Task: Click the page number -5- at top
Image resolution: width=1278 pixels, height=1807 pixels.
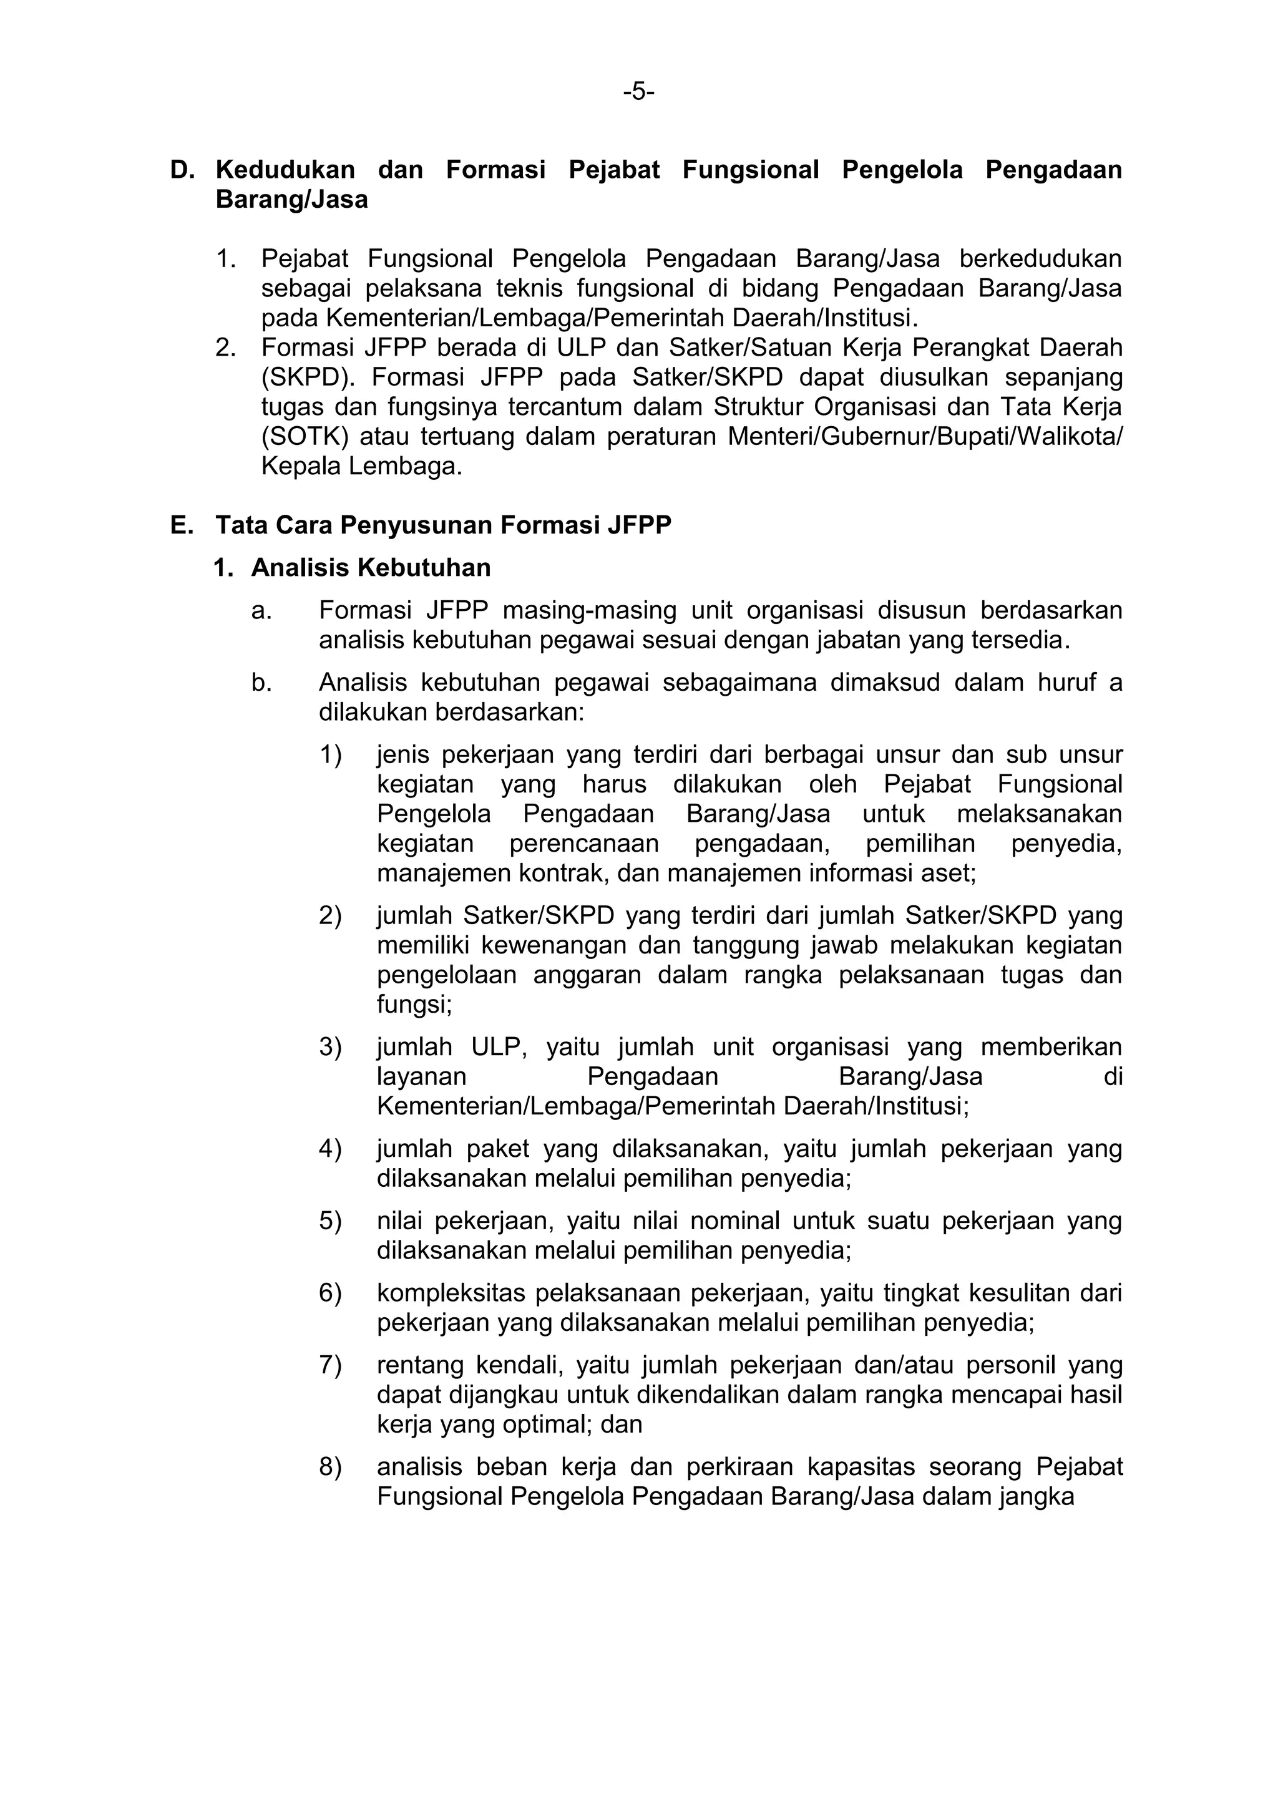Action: [638, 92]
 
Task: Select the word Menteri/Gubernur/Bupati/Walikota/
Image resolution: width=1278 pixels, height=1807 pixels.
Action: [925, 437]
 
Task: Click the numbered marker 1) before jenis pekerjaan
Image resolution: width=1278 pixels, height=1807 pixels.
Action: [331, 755]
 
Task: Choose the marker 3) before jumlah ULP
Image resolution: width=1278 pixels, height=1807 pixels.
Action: [331, 1047]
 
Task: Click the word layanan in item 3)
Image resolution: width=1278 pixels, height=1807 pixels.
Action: [422, 1076]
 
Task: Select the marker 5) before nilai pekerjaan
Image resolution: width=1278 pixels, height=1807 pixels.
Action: [331, 1220]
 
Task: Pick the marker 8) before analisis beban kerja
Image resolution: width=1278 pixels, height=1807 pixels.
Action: [331, 1467]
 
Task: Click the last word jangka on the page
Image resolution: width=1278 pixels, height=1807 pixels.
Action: [1037, 1497]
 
